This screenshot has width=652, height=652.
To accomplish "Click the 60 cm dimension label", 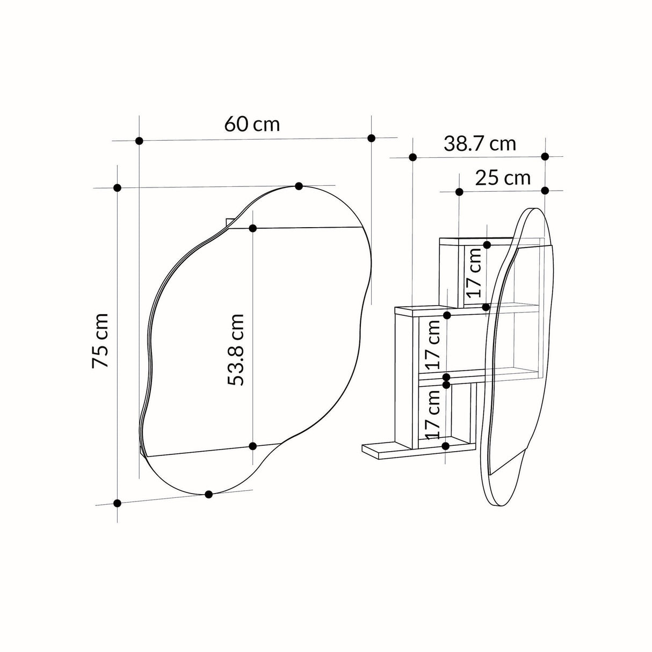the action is click(252, 125).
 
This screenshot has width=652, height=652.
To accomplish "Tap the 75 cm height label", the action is click(100, 341).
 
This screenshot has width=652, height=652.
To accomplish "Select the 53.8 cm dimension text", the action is click(235, 350).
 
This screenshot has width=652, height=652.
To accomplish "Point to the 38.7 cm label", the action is click(480, 144).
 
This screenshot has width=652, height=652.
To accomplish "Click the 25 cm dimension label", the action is click(503, 178).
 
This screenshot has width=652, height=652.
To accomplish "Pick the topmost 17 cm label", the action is click(473, 273).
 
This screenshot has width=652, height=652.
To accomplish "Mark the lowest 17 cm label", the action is click(432, 415).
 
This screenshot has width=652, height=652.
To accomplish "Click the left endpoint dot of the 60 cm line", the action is click(139, 141).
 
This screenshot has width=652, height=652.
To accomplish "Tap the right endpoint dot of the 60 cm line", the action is click(371, 138).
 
